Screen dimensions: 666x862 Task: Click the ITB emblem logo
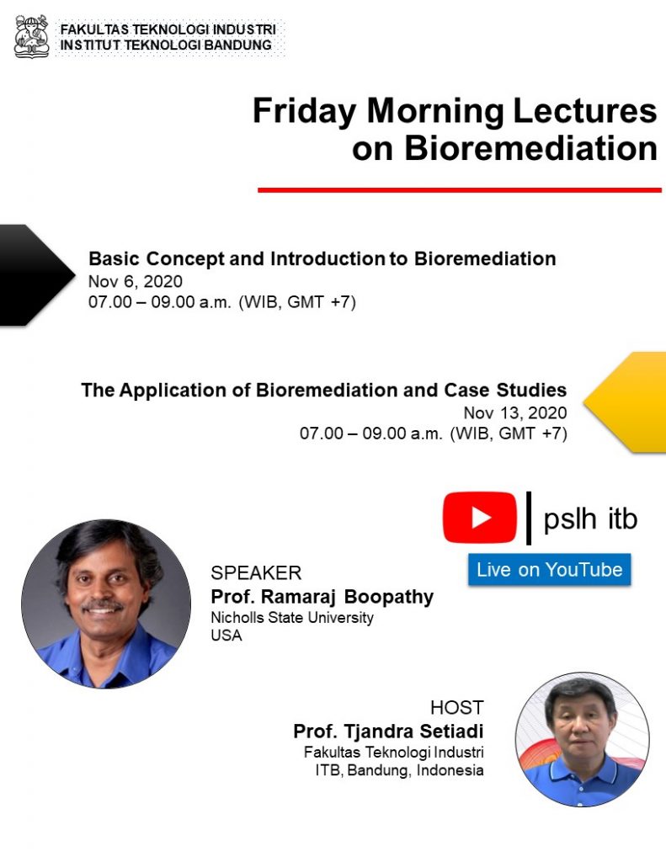[x=32, y=36]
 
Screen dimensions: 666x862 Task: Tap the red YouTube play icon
[x=480, y=518]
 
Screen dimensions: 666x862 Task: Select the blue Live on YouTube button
[x=550, y=570]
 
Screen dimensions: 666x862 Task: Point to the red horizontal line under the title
[x=460, y=190]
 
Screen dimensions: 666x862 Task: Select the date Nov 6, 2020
[x=136, y=281]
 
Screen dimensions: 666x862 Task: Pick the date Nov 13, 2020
[x=514, y=412]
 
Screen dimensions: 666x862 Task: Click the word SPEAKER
[x=256, y=572]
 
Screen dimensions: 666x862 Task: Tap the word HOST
[x=457, y=707]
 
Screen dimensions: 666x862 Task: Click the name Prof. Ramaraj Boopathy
[x=322, y=597]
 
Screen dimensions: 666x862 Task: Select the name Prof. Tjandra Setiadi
[x=388, y=732]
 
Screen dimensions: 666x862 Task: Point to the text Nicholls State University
[x=292, y=618]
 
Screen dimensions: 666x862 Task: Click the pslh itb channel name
[x=590, y=519]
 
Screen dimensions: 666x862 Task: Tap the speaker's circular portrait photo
[x=106, y=604]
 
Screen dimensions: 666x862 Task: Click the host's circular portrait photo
[x=583, y=739]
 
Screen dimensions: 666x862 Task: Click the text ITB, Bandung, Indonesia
[x=399, y=770]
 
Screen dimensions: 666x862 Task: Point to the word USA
[x=226, y=636]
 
